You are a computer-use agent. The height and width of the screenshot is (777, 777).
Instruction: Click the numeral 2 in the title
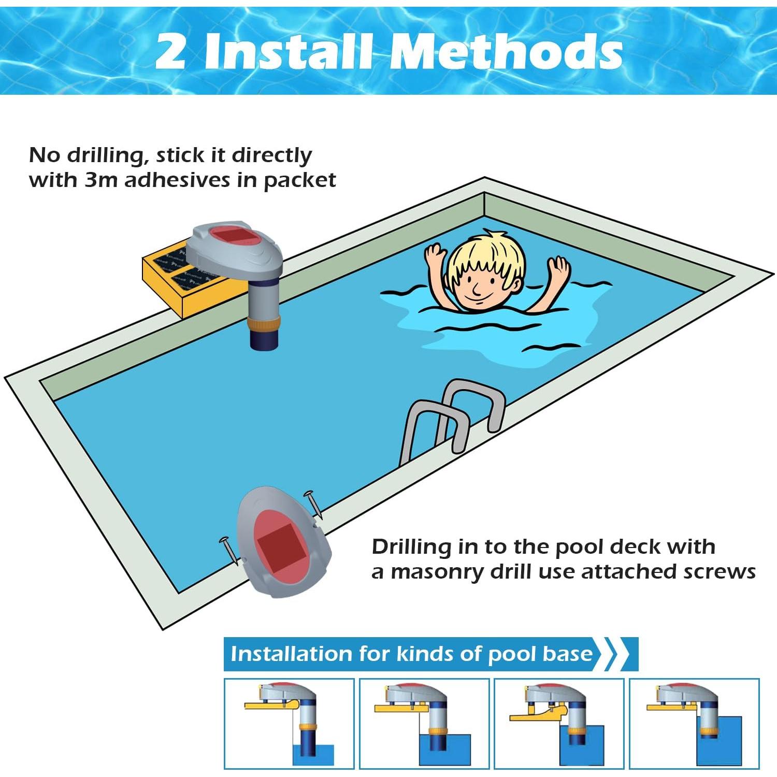click(171, 51)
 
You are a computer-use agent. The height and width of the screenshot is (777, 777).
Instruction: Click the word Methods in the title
click(506, 51)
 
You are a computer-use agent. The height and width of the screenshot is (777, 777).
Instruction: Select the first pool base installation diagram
click(289, 723)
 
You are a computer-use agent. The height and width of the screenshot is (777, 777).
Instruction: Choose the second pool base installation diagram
click(424, 723)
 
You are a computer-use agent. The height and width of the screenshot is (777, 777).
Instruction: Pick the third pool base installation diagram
click(559, 723)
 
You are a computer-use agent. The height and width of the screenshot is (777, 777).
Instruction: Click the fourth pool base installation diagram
click(694, 723)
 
